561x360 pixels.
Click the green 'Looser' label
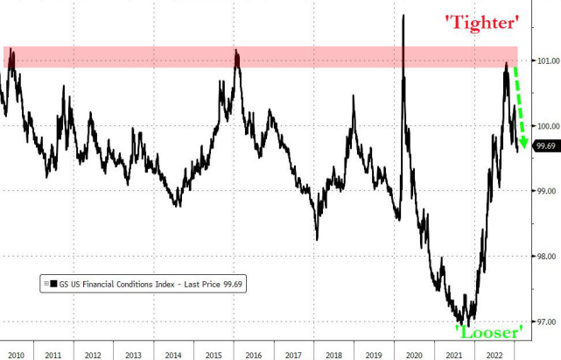coord(488,330)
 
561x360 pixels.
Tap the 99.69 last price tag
coord(545,146)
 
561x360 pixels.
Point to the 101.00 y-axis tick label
coord(545,60)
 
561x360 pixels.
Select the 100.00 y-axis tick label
coord(545,125)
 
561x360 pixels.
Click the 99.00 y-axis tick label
coord(545,191)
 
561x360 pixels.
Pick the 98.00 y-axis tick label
coord(545,257)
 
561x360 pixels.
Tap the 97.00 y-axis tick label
coord(545,321)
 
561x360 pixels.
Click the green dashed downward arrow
coord(518,105)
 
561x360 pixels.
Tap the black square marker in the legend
coord(53,283)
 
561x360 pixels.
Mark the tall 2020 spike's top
coord(403,15)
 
